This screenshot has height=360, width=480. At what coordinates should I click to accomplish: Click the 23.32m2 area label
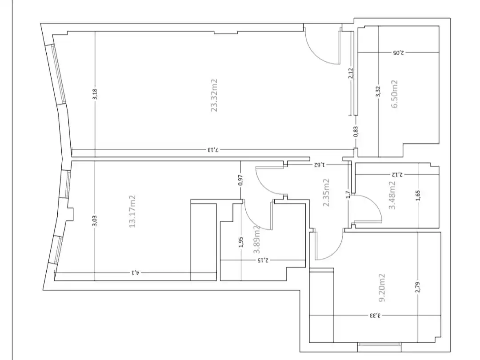click(214, 96)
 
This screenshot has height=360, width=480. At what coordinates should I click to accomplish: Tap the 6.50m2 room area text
click(395, 94)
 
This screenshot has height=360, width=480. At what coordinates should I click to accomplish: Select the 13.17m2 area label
click(132, 211)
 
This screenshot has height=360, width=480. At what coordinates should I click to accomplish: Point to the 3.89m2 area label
click(257, 240)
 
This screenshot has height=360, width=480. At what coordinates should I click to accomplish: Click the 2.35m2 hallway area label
click(326, 192)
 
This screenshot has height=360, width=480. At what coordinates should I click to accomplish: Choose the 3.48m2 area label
click(392, 195)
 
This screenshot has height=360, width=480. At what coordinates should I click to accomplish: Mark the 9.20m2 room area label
click(382, 288)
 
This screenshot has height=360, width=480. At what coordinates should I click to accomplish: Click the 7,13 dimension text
click(214, 150)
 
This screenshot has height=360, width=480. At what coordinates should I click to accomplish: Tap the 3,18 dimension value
click(95, 94)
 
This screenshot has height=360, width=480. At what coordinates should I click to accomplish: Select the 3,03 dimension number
click(95, 221)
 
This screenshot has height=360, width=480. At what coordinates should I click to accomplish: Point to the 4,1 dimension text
click(136, 272)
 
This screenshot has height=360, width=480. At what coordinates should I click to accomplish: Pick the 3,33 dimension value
click(375, 315)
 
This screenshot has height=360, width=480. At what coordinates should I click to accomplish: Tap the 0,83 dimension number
click(356, 132)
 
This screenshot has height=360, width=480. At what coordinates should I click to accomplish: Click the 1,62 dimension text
click(319, 165)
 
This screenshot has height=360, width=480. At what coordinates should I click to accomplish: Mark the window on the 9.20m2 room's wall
click(379, 345)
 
